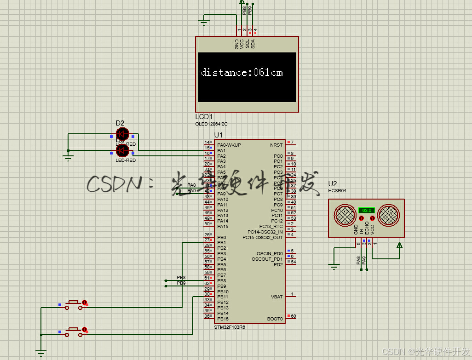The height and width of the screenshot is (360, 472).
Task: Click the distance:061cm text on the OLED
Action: [x=242, y=73]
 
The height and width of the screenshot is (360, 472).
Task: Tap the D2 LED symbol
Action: [x=122, y=134]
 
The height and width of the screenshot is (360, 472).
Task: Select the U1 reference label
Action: [x=218, y=135]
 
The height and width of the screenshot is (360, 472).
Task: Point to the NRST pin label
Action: [x=276, y=145]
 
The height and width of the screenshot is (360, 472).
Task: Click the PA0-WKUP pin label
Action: [x=229, y=145]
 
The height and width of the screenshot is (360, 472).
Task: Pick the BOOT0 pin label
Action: [x=275, y=319]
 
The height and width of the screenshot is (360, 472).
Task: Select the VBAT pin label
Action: [x=277, y=297]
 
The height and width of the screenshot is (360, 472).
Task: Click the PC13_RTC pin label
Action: [x=271, y=227]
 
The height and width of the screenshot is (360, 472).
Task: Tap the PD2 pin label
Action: [x=278, y=264]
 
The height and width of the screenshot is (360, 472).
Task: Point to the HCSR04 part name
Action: [x=337, y=190]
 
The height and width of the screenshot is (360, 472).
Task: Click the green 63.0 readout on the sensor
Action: [x=367, y=210]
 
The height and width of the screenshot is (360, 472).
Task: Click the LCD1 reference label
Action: [x=204, y=117]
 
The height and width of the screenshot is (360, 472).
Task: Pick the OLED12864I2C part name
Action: [x=212, y=124]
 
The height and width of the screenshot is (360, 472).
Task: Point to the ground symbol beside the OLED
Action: [x=204, y=21]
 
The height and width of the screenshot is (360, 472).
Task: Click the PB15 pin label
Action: [x=223, y=319]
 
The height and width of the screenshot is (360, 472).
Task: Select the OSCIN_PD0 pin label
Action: [x=270, y=253]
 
